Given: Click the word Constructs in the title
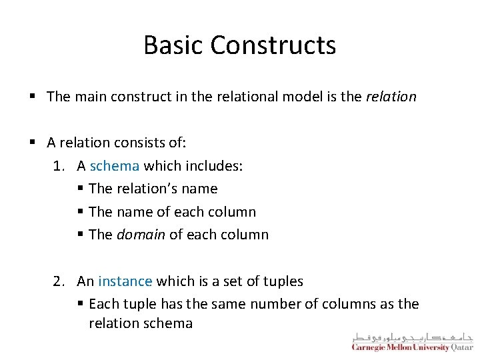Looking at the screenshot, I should point(273,45).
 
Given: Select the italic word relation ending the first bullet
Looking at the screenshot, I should point(391,97).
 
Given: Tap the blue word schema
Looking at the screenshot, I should point(115,166).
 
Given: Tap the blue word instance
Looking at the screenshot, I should point(125,281).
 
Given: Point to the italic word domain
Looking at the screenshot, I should point(141,235).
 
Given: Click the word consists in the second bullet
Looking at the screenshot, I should point(138,143).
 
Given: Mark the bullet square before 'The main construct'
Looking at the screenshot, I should point(33,97).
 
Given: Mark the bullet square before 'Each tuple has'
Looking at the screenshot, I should point(80,304).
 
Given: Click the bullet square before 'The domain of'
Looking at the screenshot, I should point(80,235).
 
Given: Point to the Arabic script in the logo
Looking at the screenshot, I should point(412,336).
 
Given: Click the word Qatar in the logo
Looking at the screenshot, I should point(461,347).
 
